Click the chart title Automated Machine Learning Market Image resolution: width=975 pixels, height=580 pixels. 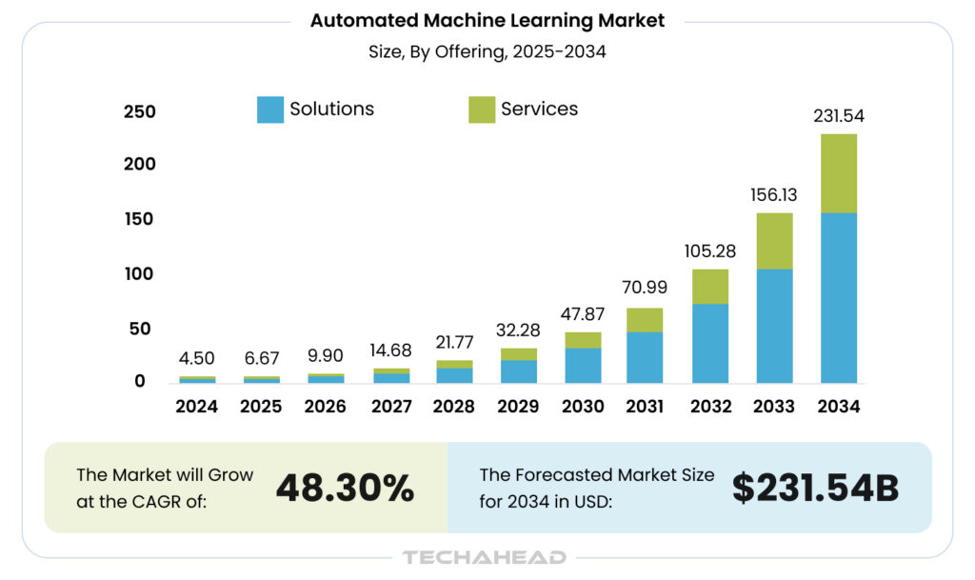pos(487,20)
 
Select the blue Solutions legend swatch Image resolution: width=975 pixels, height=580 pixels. pos(270,110)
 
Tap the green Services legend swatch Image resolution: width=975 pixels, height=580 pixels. pos(482,110)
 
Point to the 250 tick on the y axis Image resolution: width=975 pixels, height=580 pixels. pos(139,111)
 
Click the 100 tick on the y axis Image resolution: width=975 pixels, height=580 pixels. pos(139,274)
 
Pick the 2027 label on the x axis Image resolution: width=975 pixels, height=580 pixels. pos(390,407)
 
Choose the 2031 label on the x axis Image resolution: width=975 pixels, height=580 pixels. pos(645,407)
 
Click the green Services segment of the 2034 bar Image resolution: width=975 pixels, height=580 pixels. pos(838,173)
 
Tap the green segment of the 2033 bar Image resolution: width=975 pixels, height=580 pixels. pos(774,241)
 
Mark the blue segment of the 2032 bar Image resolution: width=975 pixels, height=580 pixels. pos(710,343)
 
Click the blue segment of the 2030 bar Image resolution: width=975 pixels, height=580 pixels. pos(583,365)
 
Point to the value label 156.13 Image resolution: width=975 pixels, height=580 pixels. pos(774,195)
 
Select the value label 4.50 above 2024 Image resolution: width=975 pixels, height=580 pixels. pos(197,359)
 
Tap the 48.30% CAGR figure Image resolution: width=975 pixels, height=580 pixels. pos(345,488)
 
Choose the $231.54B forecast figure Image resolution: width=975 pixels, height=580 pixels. pos(815,488)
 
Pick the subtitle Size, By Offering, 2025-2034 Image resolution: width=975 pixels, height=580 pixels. pos(487,52)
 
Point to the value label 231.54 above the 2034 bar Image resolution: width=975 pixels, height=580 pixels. pos(838,116)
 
